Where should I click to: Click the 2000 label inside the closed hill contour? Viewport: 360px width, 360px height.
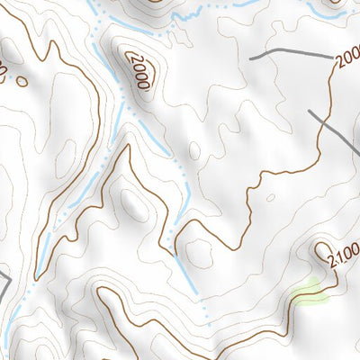tap(138, 70)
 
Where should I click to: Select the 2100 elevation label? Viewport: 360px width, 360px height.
tap(344, 258)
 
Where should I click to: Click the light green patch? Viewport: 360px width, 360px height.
tap(307, 292)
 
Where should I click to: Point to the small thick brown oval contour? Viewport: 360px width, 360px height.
tap(22, 81)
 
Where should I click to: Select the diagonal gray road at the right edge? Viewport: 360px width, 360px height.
tap(335, 130)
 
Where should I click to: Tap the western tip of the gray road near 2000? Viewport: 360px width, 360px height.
tap(251, 58)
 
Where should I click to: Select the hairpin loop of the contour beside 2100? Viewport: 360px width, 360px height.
tap(322, 247)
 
